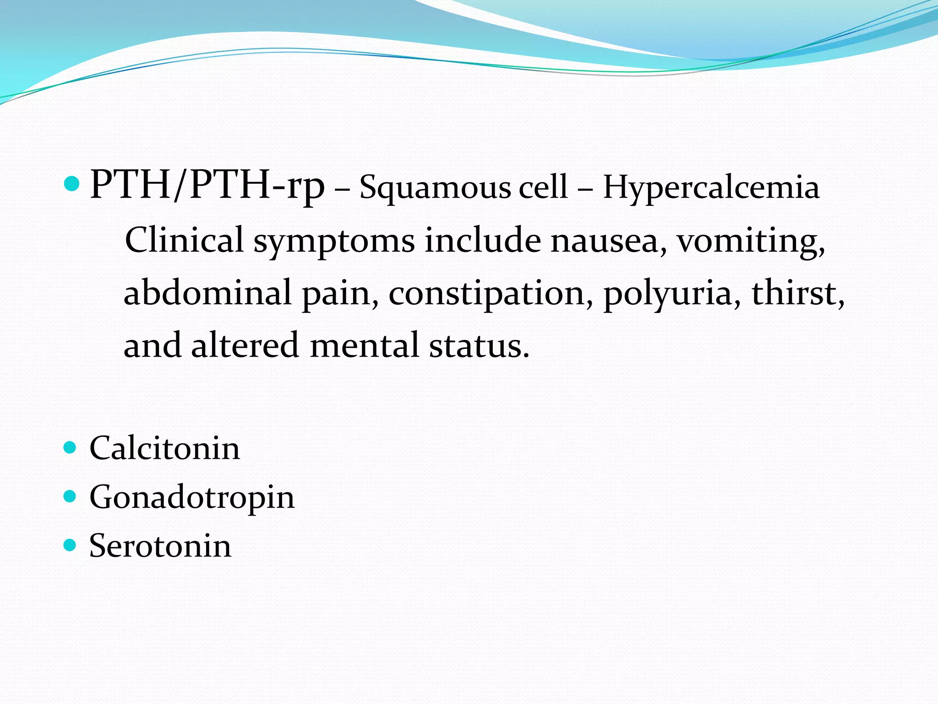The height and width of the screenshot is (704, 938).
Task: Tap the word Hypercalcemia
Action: point(711,188)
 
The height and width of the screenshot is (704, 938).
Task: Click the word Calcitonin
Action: point(164,448)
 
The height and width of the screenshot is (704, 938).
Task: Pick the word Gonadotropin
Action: point(192,497)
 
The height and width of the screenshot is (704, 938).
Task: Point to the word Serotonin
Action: point(160,546)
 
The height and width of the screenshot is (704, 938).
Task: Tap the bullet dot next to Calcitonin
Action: point(70,447)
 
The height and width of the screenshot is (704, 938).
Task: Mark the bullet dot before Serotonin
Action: point(70,545)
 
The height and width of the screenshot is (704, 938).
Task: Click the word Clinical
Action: point(184,240)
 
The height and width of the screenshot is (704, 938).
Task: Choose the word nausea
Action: point(608,240)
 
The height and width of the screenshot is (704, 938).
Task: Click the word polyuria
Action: point(672,293)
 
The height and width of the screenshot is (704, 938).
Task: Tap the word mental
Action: point(365,345)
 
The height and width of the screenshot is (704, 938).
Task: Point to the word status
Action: point(479,345)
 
